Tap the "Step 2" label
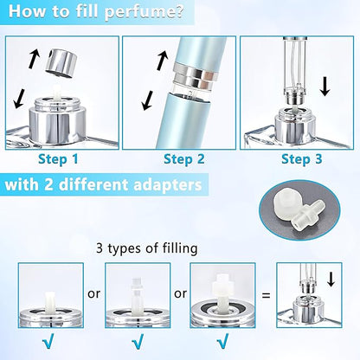coord(183,159)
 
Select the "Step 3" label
coord(301,159)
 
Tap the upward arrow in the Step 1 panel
coord(34,59)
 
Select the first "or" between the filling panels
coord(93,293)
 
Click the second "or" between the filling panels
coord(180,293)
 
